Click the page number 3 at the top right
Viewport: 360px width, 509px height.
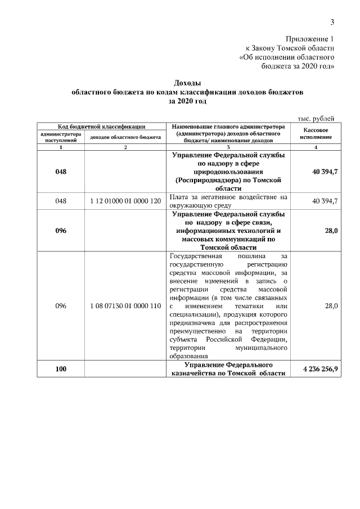click(332, 22)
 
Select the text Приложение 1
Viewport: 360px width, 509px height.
click(310, 39)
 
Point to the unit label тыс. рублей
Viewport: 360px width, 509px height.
click(316, 118)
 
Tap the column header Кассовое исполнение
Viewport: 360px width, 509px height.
click(316, 133)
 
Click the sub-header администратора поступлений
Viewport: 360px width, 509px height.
click(60, 137)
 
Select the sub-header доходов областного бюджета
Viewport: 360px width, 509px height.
click(125, 137)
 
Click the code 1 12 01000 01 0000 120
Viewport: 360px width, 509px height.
click(125, 201)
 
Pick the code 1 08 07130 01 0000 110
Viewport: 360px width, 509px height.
click(125, 306)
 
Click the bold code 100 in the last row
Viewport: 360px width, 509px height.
click(60, 369)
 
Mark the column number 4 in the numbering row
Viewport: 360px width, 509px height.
click(316, 147)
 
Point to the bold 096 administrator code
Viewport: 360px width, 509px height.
click(60, 231)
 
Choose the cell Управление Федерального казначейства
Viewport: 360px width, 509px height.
click(228, 369)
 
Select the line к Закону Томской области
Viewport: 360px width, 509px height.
click(290, 48)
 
